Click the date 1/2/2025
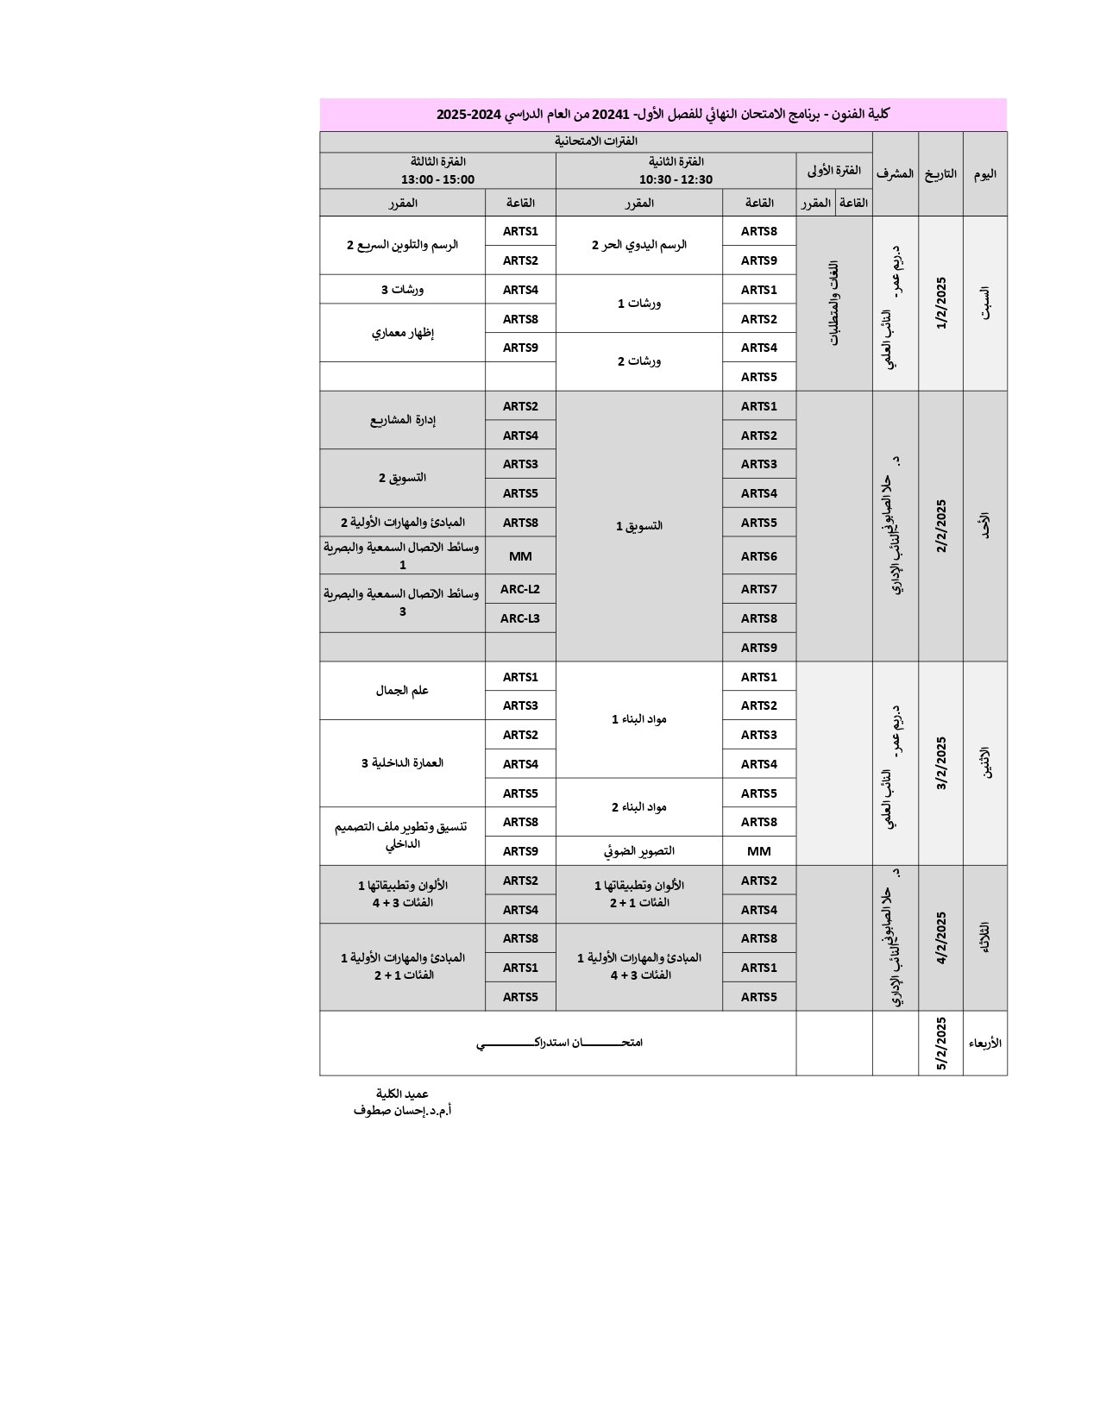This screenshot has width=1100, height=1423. pyautogui.click(x=940, y=303)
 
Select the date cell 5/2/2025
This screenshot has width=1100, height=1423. pyautogui.click(x=940, y=1044)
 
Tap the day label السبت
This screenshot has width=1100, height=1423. pyautogui.click(x=985, y=303)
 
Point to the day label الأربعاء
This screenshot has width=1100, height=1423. pyautogui.click(x=984, y=1043)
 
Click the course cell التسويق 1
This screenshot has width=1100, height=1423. pyautogui.click(x=639, y=526)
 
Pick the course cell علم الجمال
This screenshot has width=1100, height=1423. pyautogui.click(x=402, y=691)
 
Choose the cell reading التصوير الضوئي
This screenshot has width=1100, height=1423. pyautogui.click(x=639, y=851)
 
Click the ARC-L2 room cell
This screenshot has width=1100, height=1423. pyautogui.click(x=520, y=590)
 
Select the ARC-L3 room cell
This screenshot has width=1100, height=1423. pyautogui.click(x=520, y=618)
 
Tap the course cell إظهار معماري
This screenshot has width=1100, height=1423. pyautogui.click(x=402, y=333)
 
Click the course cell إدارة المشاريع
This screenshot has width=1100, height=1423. pyautogui.click(x=402, y=420)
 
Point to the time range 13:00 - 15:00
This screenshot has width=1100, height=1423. pyautogui.click(x=437, y=179)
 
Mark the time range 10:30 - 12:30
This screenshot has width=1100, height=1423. pyautogui.click(x=676, y=179)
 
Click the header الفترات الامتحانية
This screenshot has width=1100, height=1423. pyautogui.click(x=595, y=141)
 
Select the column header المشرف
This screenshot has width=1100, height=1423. pyautogui.click(x=895, y=173)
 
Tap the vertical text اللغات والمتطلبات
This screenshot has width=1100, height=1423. pyautogui.click(x=834, y=303)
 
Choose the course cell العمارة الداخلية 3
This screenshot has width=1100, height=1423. pyautogui.click(x=402, y=763)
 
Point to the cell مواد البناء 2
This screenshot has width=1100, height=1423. pyautogui.click(x=639, y=807)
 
